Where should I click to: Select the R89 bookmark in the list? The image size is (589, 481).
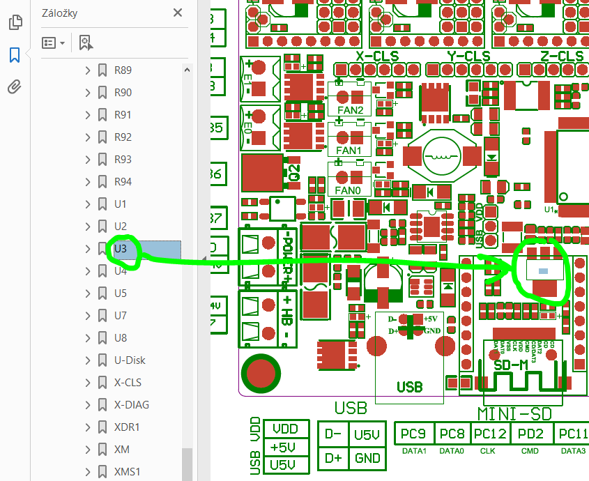click(x=123, y=70)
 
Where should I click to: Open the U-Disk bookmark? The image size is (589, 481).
click(x=130, y=360)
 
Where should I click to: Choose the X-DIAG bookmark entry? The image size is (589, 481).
click(x=131, y=405)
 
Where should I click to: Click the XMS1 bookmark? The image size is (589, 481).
click(x=127, y=472)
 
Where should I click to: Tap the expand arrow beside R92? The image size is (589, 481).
click(x=88, y=137)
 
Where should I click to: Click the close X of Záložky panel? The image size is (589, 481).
click(x=178, y=13)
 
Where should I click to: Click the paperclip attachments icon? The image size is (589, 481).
click(x=15, y=87)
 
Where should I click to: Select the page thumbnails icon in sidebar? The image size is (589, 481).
click(x=15, y=22)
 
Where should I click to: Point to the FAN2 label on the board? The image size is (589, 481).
click(x=349, y=111)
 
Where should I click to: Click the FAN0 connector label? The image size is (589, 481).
click(x=349, y=190)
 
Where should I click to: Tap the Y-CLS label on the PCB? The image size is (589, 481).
click(x=468, y=56)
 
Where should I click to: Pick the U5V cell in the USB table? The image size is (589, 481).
click(x=367, y=435)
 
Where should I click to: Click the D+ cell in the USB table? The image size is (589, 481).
click(x=333, y=458)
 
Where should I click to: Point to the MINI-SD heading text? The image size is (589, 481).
click(x=514, y=413)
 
